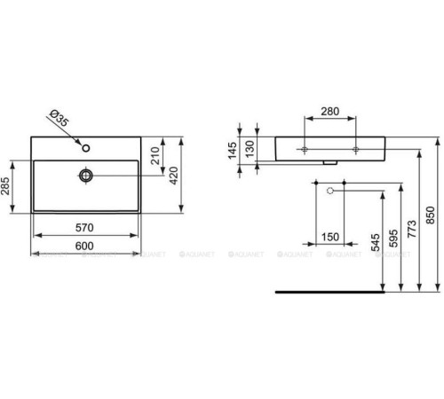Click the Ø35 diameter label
56,119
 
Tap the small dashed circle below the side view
329,191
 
